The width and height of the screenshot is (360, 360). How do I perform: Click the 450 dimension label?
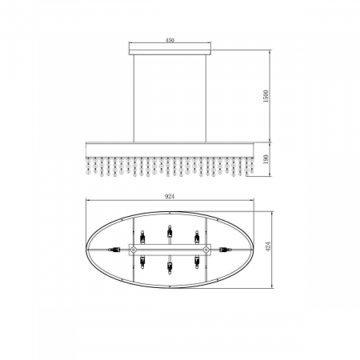170,40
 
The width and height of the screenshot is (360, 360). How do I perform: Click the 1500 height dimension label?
266,96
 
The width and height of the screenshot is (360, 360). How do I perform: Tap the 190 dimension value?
266,159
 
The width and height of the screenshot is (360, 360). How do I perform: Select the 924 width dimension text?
170,196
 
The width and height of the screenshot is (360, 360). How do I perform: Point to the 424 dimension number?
269,246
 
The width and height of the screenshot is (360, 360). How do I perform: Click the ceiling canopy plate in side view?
170,52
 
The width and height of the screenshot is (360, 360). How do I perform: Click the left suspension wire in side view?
134,98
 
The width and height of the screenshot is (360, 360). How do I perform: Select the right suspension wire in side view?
206,98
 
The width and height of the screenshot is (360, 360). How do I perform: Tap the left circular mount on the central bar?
134,250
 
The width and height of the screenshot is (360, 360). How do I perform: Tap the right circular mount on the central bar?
206,250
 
